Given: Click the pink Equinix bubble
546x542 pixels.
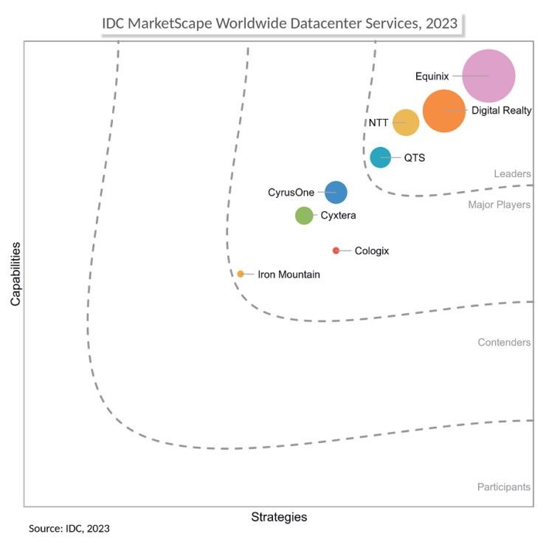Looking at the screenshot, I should point(488,75).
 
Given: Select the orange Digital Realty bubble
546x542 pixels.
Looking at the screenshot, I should point(444,111).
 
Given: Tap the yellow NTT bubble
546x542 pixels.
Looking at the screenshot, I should point(406,123).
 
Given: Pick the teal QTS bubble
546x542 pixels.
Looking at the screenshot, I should point(380,157).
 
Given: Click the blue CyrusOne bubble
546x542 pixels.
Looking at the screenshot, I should point(336,192).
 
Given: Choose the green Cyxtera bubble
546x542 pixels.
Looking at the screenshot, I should point(304,216).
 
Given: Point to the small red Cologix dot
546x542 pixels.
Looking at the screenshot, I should point(336,250).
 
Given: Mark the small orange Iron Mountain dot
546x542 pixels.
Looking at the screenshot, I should point(241,274).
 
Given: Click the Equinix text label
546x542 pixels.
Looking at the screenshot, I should point(432,76).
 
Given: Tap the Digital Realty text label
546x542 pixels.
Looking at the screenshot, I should point(501,111).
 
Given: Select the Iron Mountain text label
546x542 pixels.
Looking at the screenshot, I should point(288,275).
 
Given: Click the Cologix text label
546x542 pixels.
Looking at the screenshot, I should point(371,251).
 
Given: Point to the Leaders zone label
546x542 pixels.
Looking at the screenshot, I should point(511,174).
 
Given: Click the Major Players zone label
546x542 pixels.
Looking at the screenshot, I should point(499,205).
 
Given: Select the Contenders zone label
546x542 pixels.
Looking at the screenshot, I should point(504,343).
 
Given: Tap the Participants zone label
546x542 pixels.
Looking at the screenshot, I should point(503,487).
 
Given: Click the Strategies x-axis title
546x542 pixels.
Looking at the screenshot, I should point(279,517).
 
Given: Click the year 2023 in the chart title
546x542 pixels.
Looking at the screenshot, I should point(441,24).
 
